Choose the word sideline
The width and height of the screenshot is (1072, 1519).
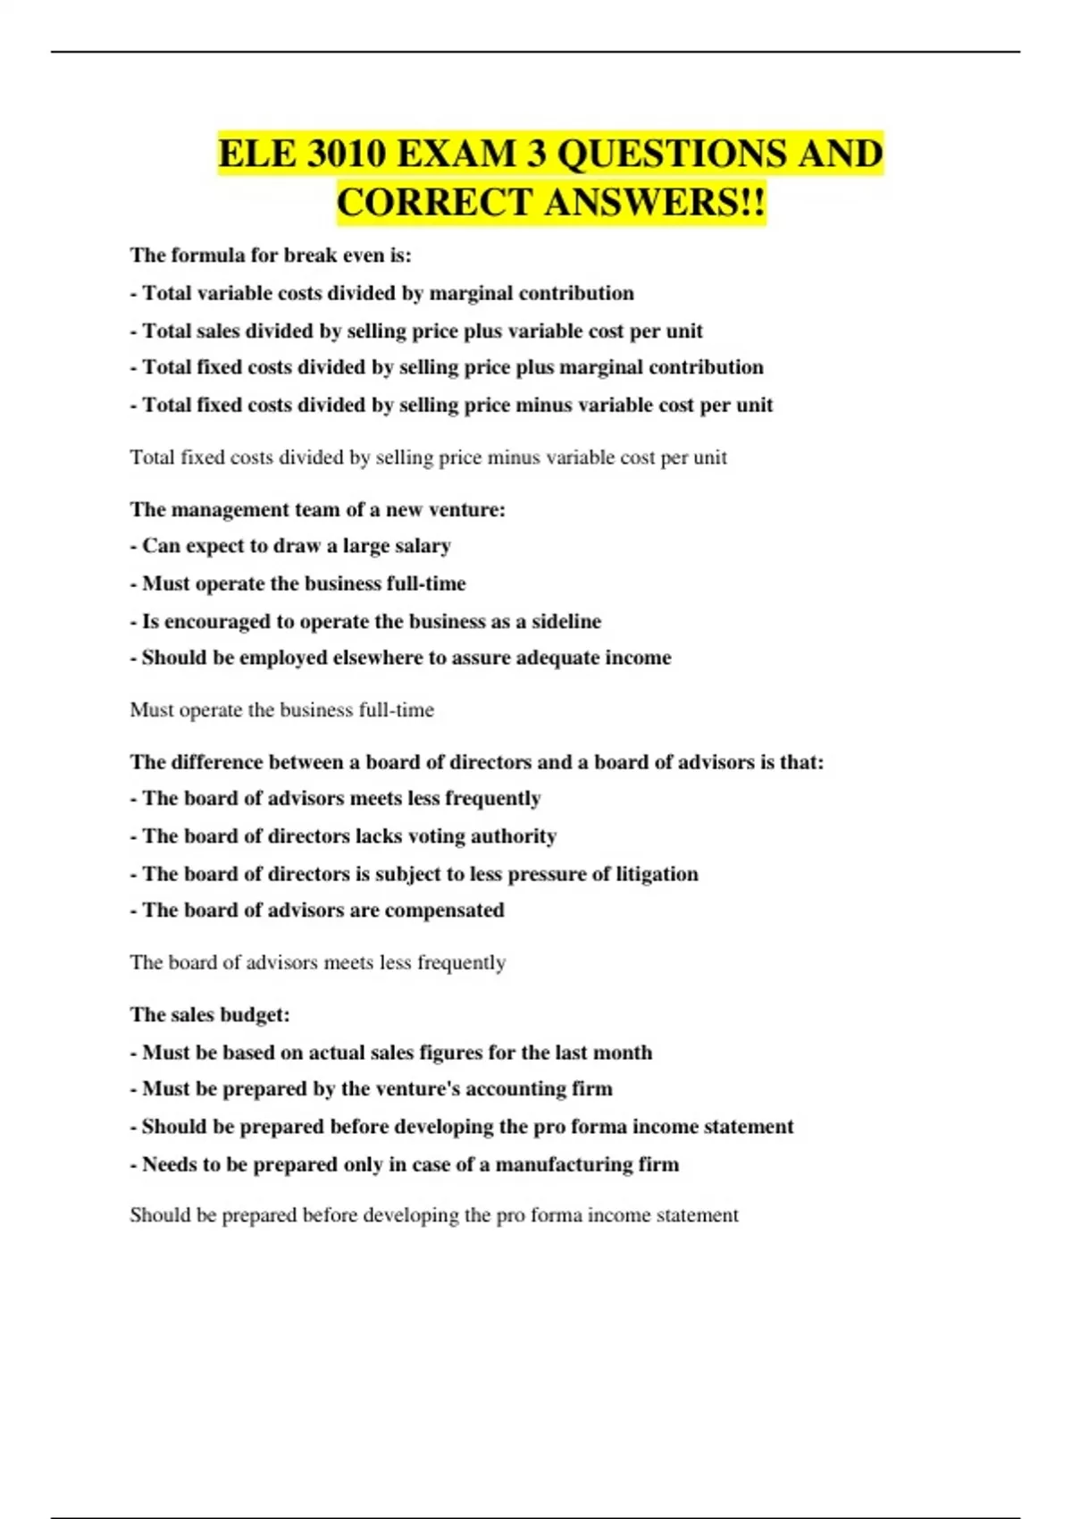(566, 621)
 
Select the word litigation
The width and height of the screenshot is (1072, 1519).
(657, 874)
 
